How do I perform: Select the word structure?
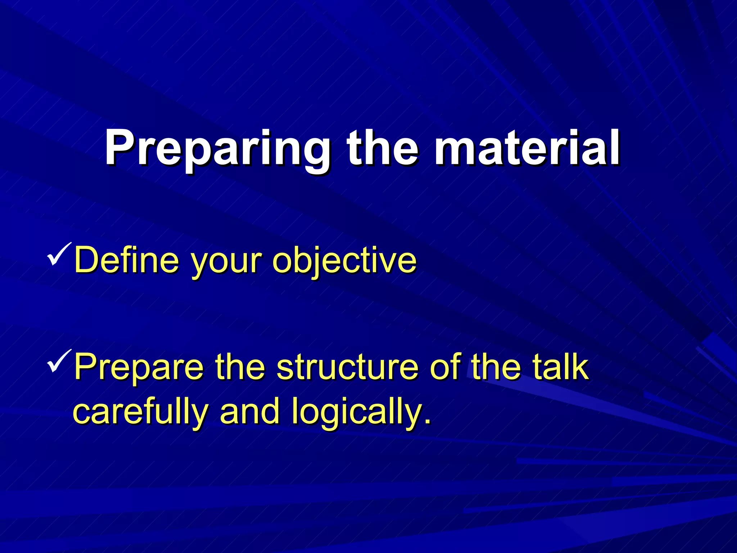point(348,367)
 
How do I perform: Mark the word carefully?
point(141,413)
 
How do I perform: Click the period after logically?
point(427,422)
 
